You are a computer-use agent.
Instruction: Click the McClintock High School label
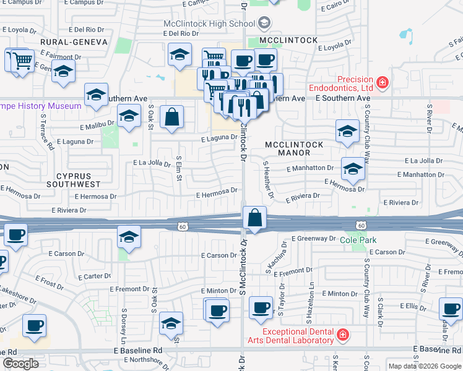pyautogui.click(x=210, y=23)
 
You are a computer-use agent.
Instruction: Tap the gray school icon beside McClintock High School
pyautogui.click(x=264, y=23)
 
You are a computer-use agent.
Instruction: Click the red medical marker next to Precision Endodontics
pyautogui.click(x=383, y=82)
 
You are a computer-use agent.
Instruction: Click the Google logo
pyautogui.click(x=20, y=364)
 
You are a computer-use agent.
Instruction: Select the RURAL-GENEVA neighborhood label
pyautogui.click(x=73, y=41)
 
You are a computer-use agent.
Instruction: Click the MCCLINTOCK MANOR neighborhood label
pyautogui.click(x=294, y=148)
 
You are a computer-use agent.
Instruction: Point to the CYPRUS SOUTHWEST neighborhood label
pyautogui.click(x=77, y=179)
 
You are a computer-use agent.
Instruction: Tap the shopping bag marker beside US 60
pyautogui.click(x=254, y=218)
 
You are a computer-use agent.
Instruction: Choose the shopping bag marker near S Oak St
pyautogui.click(x=171, y=117)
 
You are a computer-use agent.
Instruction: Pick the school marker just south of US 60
pyautogui.click(x=129, y=237)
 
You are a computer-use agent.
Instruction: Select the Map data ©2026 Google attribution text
pyautogui.click(x=424, y=366)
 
